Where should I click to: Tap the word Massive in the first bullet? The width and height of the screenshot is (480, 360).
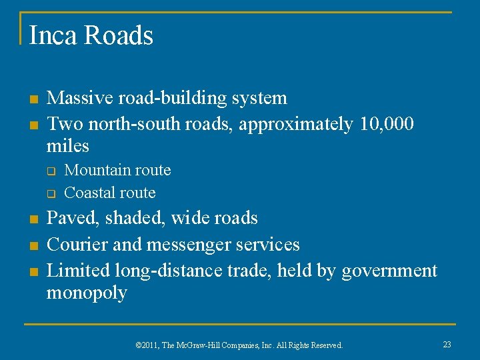point(80,98)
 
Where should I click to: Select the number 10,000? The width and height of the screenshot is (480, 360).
point(387,124)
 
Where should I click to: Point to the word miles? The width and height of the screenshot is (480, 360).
point(67,145)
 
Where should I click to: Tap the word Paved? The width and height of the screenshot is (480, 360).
point(69,218)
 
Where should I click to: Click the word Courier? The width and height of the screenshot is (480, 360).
point(76,245)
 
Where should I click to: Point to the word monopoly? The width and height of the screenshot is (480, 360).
point(86,293)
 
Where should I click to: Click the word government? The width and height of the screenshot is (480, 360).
point(389,271)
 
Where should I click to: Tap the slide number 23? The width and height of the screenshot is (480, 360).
point(447,344)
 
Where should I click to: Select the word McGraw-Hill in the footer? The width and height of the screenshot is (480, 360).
point(203,345)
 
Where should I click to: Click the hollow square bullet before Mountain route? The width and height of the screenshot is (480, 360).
point(49,171)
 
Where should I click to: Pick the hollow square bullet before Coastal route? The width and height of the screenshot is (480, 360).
point(49,194)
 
